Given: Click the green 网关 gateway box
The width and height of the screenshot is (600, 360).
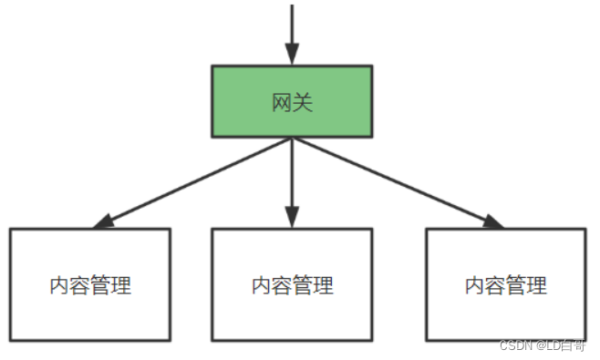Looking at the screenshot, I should [x=292, y=101].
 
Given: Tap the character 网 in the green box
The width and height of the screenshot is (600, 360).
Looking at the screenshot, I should [x=282, y=102].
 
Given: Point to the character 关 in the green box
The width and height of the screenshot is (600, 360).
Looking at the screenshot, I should [x=303, y=102].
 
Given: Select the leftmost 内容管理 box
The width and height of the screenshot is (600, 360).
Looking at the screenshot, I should [x=90, y=284].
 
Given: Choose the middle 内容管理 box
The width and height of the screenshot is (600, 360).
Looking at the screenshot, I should [x=292, y=284].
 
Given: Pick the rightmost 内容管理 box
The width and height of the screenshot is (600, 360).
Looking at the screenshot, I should [x=505, y=284].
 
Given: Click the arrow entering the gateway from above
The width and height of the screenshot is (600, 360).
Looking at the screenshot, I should [x=292, y=27].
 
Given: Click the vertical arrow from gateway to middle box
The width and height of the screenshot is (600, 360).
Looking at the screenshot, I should [x=292, y=178].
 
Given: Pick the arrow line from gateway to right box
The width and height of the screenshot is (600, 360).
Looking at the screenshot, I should [x=392, y=180].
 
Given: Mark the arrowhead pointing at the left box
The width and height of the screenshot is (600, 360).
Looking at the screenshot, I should [x=103, y=221].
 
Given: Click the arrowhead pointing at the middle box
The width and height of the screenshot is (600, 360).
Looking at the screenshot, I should [x=292, y=218].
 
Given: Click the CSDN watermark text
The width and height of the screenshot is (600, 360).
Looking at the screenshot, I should [x=516, y=345].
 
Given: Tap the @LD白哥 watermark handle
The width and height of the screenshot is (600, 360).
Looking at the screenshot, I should [x=561, y=345].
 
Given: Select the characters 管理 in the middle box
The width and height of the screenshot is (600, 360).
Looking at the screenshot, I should [x=313, y=285].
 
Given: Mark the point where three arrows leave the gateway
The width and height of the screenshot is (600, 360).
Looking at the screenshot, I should [x=292, y=139].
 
